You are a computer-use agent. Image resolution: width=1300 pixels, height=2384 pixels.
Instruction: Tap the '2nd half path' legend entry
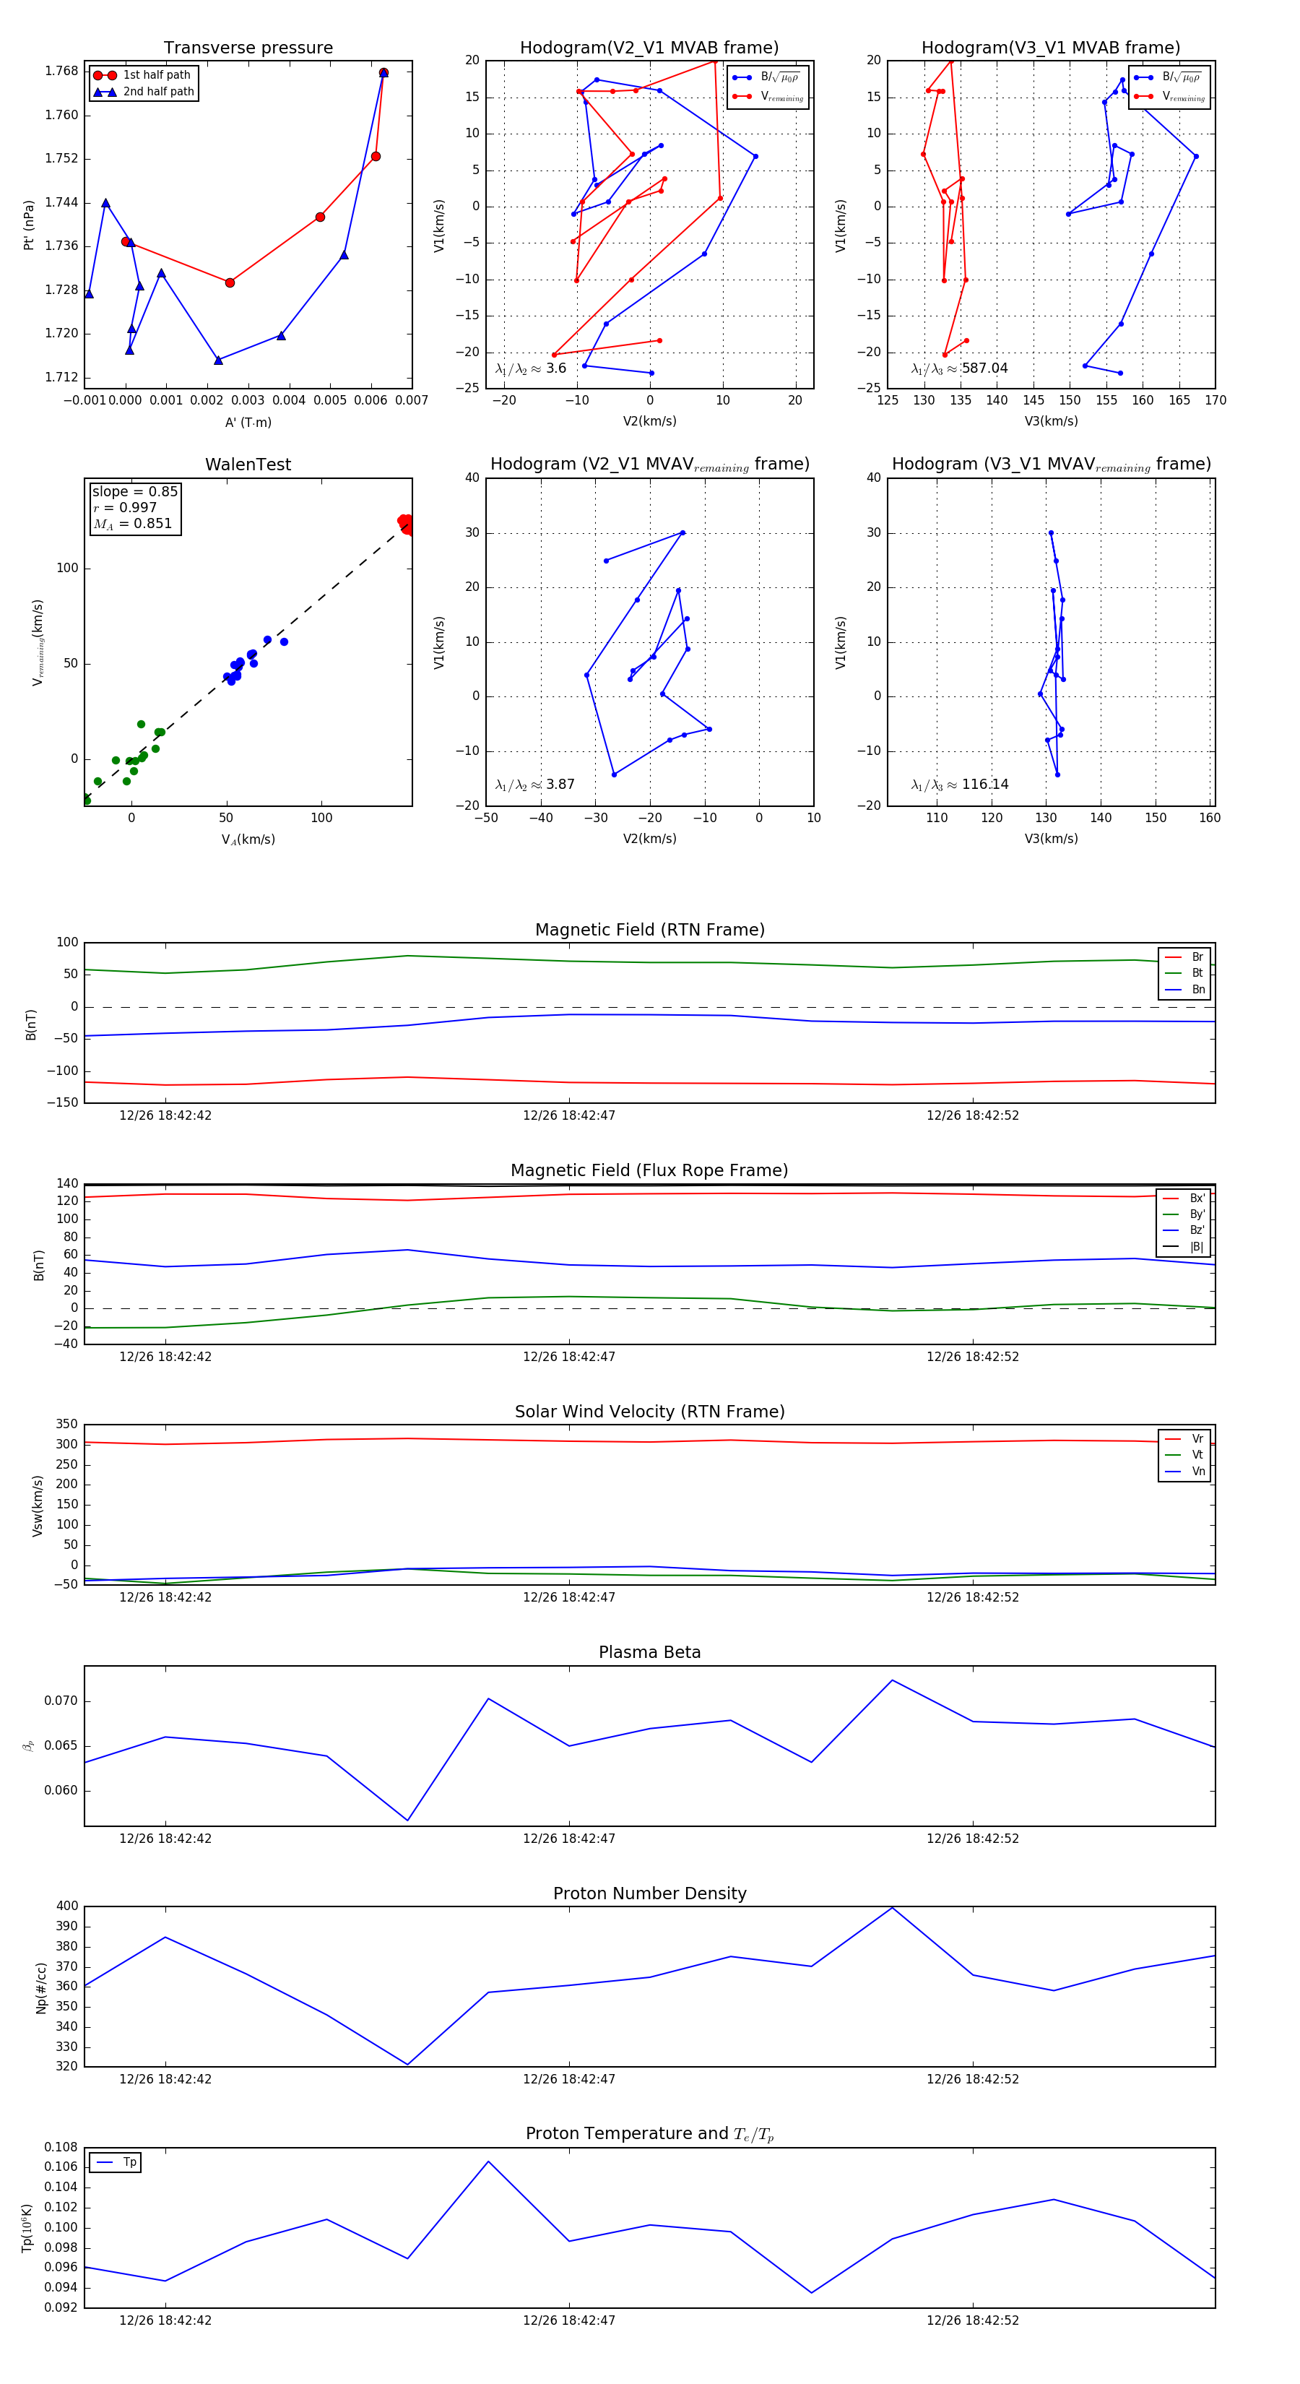point(158,92)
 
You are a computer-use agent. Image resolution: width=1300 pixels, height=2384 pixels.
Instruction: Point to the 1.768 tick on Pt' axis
point(62,72)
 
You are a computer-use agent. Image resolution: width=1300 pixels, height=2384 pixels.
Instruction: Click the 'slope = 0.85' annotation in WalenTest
point(134,491)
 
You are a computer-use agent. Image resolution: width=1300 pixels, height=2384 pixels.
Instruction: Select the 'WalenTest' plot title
point(248,465)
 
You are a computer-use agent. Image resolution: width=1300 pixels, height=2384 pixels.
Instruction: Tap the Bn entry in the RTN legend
point(1197,989)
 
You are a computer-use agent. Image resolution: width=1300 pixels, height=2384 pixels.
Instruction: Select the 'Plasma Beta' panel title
point(649,1653)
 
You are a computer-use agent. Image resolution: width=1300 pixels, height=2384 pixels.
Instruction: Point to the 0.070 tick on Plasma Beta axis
point(62,1701)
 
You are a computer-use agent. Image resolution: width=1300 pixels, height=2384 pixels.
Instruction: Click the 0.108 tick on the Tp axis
point(62,2147)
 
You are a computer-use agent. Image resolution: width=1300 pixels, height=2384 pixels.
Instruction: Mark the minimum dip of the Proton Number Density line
point(407,2064)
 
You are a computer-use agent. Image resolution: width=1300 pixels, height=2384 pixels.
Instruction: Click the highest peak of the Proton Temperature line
point(488,2162)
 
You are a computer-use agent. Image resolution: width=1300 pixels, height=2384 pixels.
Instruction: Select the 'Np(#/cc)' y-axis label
point(40,1986)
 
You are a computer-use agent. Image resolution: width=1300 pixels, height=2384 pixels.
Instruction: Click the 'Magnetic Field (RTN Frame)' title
point(649,930)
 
